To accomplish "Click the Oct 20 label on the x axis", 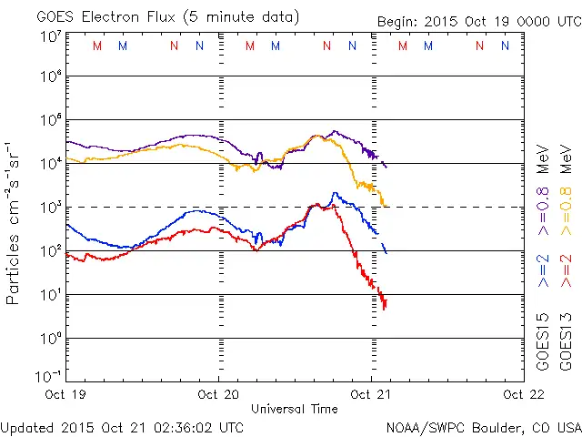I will point(218,394).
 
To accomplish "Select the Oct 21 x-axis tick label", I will point(370,394).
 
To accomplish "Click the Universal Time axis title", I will point(294,409).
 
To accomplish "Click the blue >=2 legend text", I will point(543,270).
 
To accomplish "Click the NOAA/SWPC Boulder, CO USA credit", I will point(483,426).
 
